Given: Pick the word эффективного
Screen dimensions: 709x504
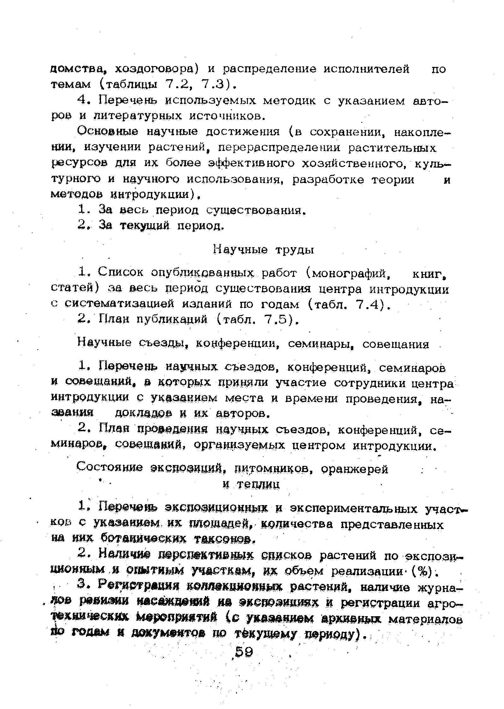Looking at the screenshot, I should point(252,163).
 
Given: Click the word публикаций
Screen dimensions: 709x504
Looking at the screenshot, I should point(172,320).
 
